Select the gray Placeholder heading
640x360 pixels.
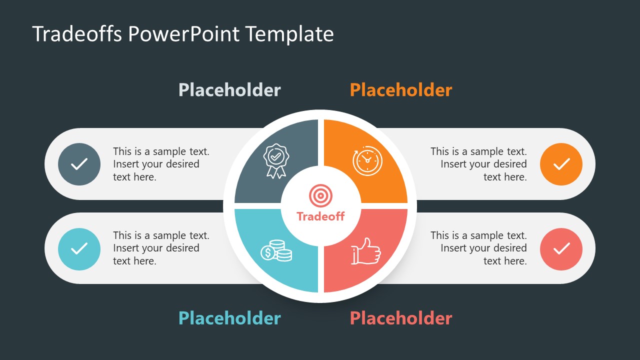tap(229, 90)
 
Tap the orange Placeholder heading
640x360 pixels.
tap(401, 90)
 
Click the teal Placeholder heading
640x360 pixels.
tap(229, 318)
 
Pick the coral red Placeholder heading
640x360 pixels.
tap(401, 318)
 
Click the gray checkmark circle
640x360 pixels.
tap(79, 164)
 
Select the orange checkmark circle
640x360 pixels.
tap(561, 164)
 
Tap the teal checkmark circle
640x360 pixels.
tap(79, 248)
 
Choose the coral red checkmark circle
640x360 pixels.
tap(561, 248)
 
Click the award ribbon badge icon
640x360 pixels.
tap(275, 160)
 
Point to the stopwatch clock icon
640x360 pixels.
tap(367, 160)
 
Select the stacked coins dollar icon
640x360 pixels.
tap(276, 250)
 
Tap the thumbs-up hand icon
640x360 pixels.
tap(365, 251)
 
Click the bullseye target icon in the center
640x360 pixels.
tap(320, 195)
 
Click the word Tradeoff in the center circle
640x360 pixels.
tap(320, 216)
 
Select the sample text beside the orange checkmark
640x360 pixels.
tap(478, 164)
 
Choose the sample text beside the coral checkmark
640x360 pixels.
tap(478, 248)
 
